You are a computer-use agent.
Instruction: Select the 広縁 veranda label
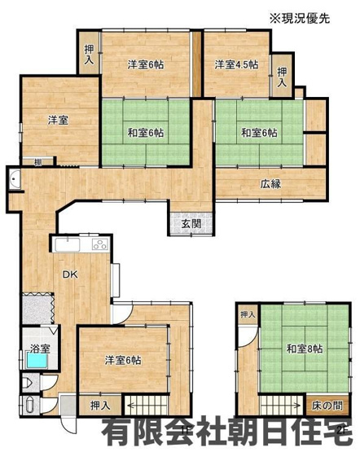tap(270, 183)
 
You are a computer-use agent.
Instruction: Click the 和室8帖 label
tap(304, 349)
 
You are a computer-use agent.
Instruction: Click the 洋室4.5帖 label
tap(236, 64)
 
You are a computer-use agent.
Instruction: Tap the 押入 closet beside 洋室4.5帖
tap(282, 77)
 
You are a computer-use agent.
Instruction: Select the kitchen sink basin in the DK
tap(66, 244)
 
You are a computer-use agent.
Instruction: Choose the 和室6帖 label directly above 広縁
tap(258, 132)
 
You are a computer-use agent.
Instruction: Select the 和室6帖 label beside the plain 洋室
tap(145, 132)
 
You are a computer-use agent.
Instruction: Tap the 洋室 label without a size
tap(56, 120)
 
